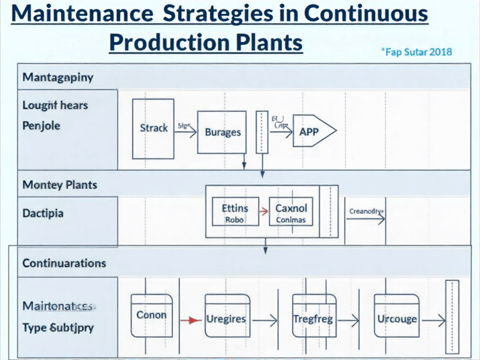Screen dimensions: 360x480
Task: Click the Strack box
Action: tap(153, 128)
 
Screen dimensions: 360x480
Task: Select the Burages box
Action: tap(222, 132)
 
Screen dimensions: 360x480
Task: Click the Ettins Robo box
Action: tap(234, 211)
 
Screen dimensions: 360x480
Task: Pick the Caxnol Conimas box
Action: tap(291, 211)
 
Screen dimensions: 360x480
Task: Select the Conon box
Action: tap(152, 315)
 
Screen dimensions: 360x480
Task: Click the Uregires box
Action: tap(227, 319)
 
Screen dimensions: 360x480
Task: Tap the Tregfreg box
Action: tap(314, 319)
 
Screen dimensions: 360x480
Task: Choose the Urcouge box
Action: tap(397, 319)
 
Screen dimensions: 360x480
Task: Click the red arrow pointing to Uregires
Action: tap(187, 320)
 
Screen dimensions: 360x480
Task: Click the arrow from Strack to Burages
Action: tap(185, 132)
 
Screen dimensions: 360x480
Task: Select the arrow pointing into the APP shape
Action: tap(281, 132)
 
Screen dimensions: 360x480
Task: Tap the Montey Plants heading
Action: tap(60, 185)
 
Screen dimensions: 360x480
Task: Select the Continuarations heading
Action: tap(64, 263)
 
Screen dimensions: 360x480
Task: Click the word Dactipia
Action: tap(43, 213)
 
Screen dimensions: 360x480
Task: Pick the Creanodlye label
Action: tap(367, 211)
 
